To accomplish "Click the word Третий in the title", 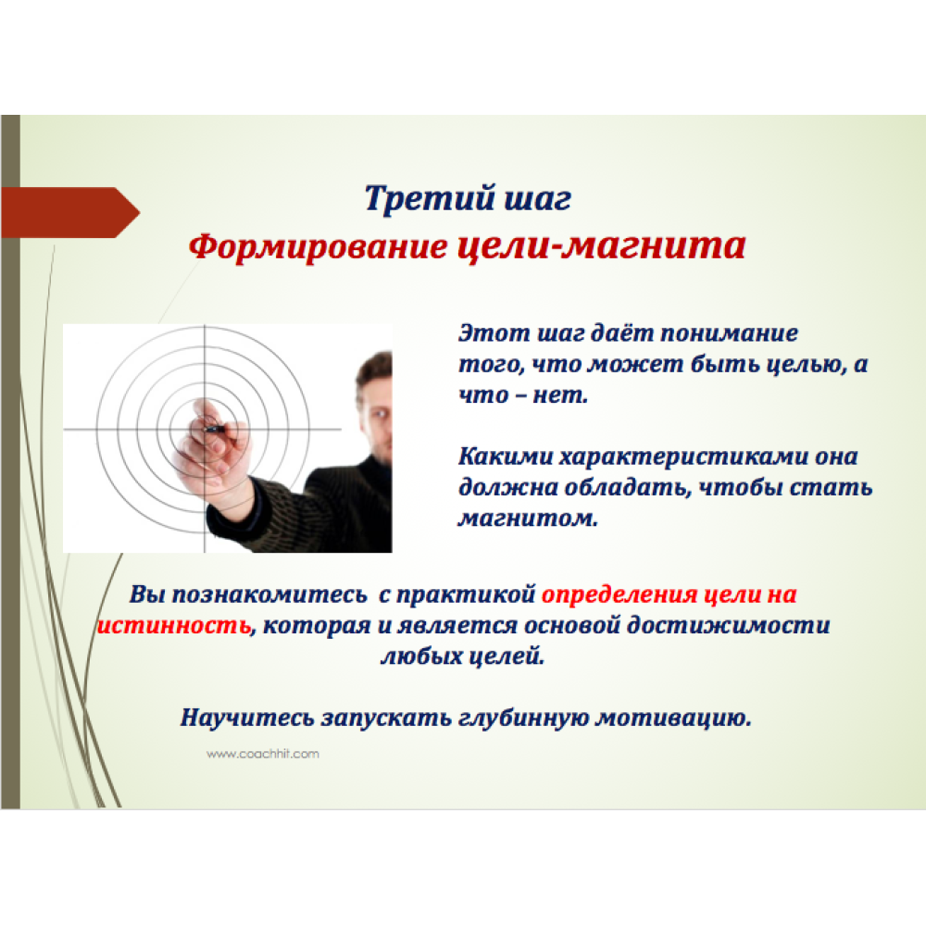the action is click(x=430, y=198).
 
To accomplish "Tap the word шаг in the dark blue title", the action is click(x=537, y=200).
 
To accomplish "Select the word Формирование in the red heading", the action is click(x=319, y=247).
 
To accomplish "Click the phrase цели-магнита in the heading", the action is click(x=601, y=245).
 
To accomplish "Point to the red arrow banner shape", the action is click(x=69, y=213).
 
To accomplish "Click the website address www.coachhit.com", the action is click(x=263, y=754).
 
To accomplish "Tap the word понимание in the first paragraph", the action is click(x=729, y=333).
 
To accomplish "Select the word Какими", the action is click(x=505, y=456).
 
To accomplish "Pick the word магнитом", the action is click(x=528, y=518).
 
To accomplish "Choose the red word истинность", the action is click(x=174, y=625).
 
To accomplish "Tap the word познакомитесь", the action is click(x=269, y=594).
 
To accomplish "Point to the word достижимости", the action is click(x=728, y=625).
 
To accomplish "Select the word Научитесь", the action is click(x=247, y=718).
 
